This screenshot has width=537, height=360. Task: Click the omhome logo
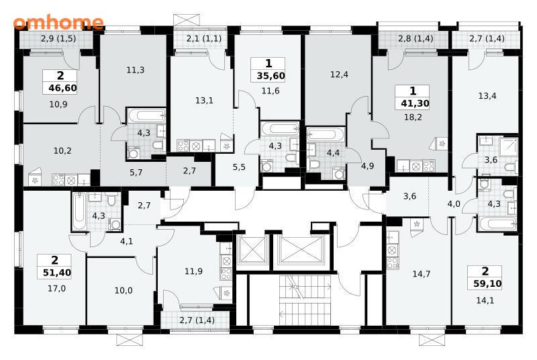point(58,22)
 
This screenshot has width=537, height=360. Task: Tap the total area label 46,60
point(62,88)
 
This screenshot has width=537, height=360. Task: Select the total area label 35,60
point(271,76)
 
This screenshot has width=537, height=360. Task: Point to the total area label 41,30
point(415,103)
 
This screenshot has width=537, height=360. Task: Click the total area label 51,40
point(57,273)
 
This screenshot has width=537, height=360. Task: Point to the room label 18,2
point(413,117)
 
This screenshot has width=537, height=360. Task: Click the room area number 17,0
point(56,288)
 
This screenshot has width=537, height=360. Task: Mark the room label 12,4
point(340,74)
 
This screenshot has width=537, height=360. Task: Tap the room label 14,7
point(422,273)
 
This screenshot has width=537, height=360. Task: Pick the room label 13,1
point(204,100)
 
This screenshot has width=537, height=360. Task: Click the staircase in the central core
point(305,300)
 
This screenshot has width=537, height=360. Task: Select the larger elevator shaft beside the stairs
point(301,250)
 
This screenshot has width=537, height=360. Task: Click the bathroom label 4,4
point(333,152)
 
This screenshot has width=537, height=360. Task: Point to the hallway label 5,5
point(239,167)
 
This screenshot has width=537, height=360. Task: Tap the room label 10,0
point(124,290)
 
